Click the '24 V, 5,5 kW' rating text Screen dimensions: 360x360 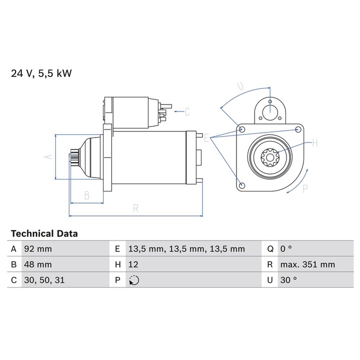41,73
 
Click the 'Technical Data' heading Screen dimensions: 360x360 44,233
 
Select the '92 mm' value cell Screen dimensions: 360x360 38,249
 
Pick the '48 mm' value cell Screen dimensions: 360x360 38,264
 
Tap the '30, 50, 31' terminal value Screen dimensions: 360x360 44,280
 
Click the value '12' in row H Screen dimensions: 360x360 133,264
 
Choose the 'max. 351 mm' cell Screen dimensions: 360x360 307,264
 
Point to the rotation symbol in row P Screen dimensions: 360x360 134,280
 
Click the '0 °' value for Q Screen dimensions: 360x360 286,248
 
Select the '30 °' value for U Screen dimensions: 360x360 288,280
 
